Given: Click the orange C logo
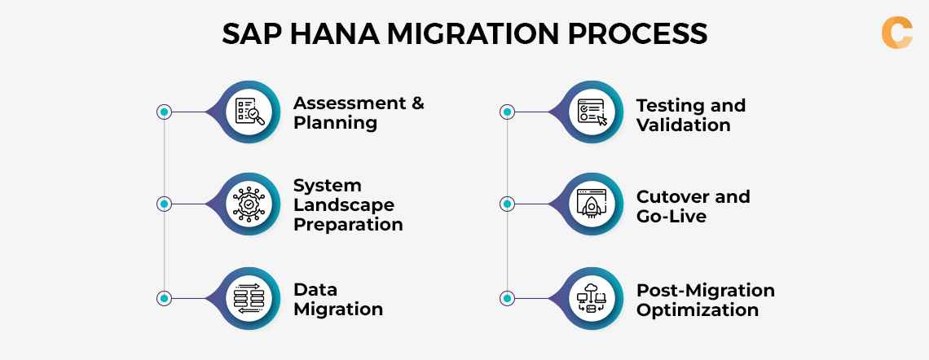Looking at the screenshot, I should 896,32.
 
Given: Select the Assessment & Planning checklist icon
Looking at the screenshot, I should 249,112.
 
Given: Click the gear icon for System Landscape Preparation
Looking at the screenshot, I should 249,204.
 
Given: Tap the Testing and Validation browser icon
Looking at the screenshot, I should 592,112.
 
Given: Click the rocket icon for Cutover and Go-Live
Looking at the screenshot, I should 592,204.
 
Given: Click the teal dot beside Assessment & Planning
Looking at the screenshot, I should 165,112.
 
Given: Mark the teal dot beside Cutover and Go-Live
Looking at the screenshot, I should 507,204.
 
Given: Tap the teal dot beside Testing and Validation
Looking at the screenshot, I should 507,112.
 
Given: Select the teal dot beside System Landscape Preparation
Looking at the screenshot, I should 165,204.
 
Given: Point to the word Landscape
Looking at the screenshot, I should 344,204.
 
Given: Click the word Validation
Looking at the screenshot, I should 683,125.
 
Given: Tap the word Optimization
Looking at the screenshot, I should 698,310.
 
